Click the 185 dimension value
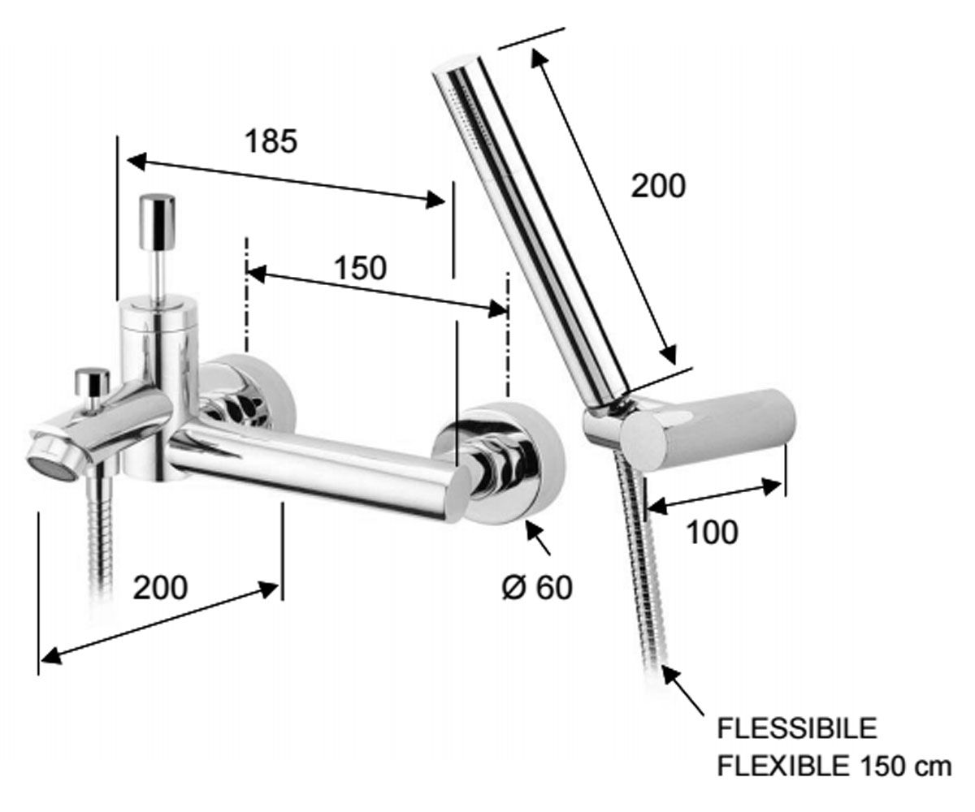[271, 141]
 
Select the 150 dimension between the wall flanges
[361, 268]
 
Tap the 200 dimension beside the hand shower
[658, 186]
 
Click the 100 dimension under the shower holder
[712, 532]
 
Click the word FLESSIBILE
[797, 728]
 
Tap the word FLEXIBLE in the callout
[782, 767]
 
